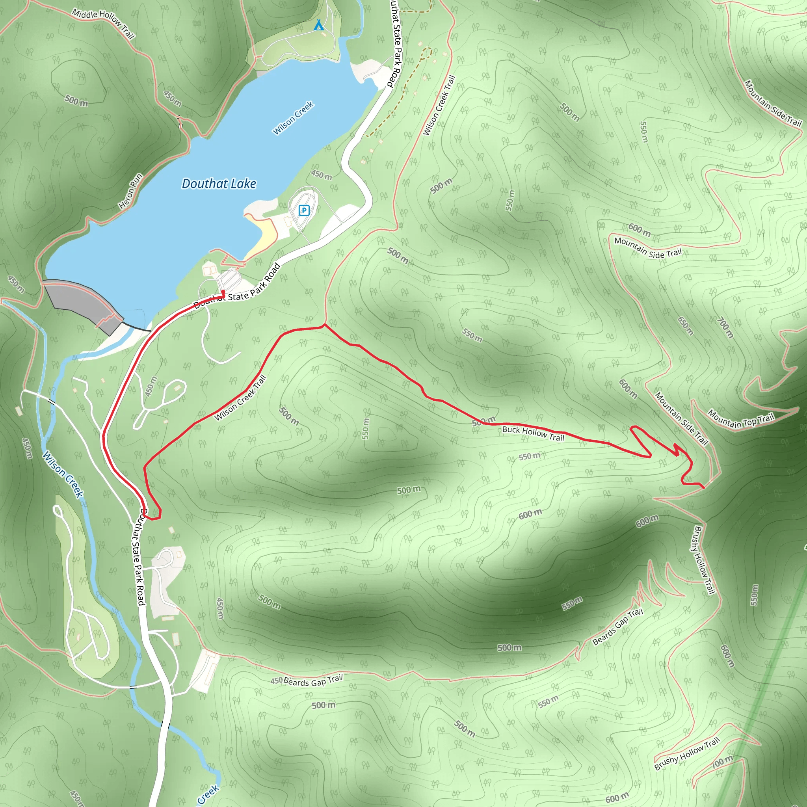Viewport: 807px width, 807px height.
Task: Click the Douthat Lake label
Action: click(219, 183)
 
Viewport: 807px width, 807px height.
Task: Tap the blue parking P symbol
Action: click(304, 210)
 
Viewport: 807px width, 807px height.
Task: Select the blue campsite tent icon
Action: click(319, 26)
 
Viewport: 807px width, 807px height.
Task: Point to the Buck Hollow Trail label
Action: click(533, 433)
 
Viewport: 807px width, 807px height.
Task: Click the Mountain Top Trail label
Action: click(742, 420)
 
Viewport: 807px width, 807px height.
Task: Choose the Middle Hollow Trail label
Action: click(103, 23)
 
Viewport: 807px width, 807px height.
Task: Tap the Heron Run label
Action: click(130, 191)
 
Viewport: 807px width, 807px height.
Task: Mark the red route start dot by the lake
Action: click(223, 292)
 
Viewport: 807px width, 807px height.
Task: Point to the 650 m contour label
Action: click(686, 326)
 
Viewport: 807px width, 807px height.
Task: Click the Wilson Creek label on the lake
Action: click(293, 118)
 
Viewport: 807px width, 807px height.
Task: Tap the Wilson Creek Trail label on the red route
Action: click(240, 398)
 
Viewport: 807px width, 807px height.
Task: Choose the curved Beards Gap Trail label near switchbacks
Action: click(618, 627)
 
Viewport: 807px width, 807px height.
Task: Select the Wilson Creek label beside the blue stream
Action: click(63, 474)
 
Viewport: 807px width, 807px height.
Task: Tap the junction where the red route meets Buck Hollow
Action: click(325, 325)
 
